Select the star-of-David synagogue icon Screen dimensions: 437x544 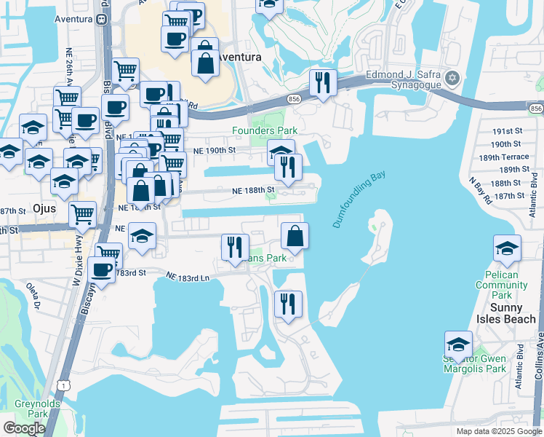pos(452,77)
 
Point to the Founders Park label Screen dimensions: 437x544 pos(265,131)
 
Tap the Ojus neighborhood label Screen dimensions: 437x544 pos(45,208)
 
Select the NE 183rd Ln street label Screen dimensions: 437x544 pos(188,277)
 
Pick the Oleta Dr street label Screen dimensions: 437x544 pos(33,295)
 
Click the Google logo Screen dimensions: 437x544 pos(24,428)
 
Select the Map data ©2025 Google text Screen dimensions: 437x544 pos(499,431)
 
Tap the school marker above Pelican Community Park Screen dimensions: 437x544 pos(507,249)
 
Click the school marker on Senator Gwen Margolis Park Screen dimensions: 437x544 pos(458,345)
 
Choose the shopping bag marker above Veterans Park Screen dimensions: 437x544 pos(295,236)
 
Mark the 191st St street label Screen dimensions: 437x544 pos(507,130)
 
